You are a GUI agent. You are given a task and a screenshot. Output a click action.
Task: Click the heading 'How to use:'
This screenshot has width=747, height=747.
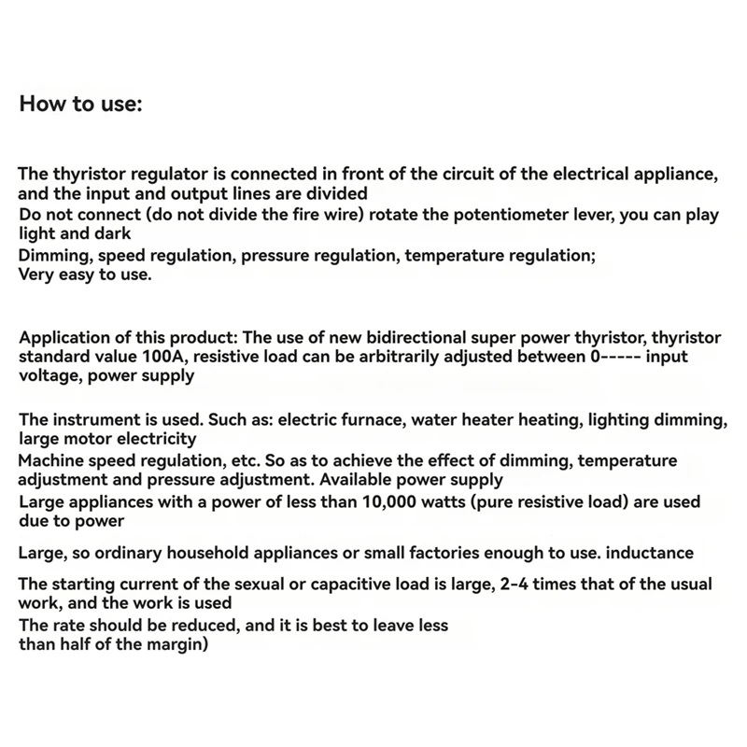pyautogui.click(x=80, y=103)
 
